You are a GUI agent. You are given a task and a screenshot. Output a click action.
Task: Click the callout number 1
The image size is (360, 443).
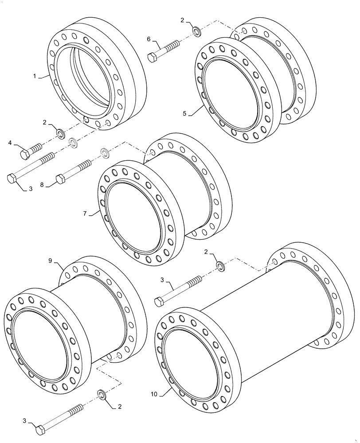pos(34,76)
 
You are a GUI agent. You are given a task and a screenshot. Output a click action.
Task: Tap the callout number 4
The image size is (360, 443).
pos(10,143)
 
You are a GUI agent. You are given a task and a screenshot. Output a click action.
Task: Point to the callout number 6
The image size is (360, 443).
pos(149,39)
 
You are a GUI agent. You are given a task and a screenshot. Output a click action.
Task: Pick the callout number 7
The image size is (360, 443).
pos(84,214)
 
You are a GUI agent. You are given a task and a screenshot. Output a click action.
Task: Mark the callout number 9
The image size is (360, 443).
pos(50,261)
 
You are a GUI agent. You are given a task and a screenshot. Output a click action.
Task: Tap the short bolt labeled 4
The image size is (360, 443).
pos(31,150)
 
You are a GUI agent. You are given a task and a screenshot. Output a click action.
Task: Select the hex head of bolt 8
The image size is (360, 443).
pos(61,179)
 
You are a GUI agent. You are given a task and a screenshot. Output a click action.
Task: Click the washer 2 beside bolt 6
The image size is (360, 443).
pos(196,32)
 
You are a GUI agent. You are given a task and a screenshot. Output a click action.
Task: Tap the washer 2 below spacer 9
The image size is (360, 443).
pos(101,394)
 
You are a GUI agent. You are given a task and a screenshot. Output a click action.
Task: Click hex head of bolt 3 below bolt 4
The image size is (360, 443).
pos(12,178)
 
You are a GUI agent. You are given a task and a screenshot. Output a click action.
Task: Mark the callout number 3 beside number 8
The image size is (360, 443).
pos(31,189)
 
